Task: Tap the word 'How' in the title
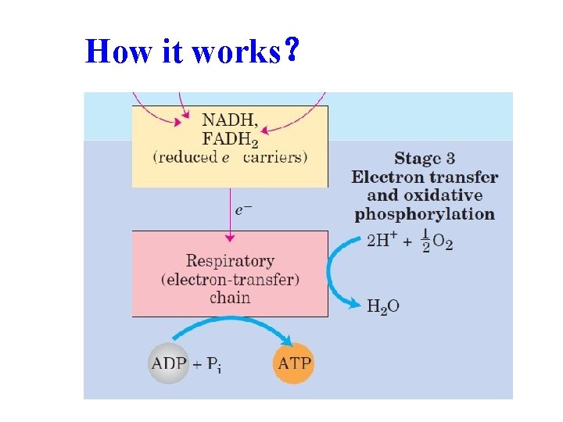(113, 52)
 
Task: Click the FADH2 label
(231, 139)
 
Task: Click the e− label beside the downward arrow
(244, 209)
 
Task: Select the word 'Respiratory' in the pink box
(230, 261)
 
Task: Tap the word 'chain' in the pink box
(230, 297)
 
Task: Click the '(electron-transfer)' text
(230, 279)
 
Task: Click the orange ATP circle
(293, 363)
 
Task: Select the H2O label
(383, 306)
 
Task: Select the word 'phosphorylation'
(425, 213)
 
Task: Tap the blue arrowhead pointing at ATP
(287, 341)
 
